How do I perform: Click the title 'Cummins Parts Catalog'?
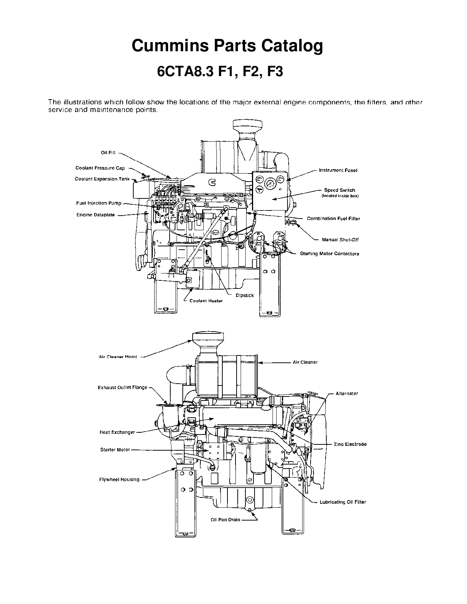(227, 46)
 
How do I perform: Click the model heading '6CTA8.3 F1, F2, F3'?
(220, 72)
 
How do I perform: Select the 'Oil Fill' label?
(108, 153)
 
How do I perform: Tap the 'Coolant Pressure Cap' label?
(100, 168)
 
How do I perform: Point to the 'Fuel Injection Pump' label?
(99, 203)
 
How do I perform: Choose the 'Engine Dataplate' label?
(96, 215)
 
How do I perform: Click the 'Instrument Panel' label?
(338, 170)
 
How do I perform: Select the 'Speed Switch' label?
(340, 190)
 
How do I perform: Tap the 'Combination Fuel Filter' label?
(333, 219)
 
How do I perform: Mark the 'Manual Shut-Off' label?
(340, 240)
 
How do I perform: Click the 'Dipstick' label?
(245, 295)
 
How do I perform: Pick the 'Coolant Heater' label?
(206, 301)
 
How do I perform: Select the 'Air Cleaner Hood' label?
(118, 357)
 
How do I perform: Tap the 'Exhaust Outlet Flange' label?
(122, 387)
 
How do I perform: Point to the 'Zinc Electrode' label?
(350, 444)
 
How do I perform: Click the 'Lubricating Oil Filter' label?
(343, 502)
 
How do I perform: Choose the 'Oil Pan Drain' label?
(226, 519)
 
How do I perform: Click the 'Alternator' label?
(347, 394)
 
